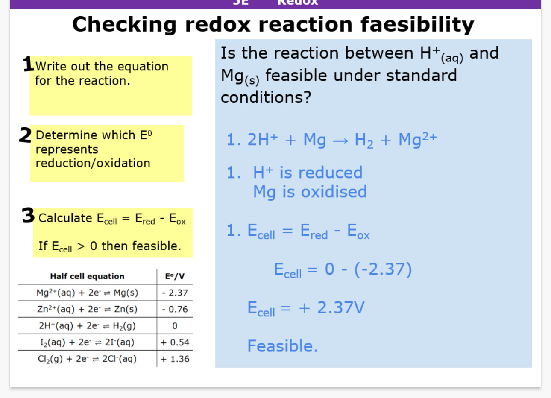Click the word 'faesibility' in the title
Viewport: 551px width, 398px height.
pyautogui.click(x=417, y=24)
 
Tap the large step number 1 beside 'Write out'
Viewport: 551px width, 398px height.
pyautogui.click(x=28, y=64)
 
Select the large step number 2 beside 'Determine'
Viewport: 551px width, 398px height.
pyautogui.click(x=25, y=135)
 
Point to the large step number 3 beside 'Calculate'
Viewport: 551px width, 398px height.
pyautogui.click(x=28, y=216)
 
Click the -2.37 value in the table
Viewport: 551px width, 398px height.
pyautogui.click(x=175, y=293)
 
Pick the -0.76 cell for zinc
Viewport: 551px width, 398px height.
pyautogui.click(x=175, y=309)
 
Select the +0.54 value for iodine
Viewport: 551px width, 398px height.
pyautogui.click(x=175, y=342)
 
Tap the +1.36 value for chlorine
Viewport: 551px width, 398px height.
pyautogui.click(x=175, y=359)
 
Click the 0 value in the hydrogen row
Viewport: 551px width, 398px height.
pyautogui.click(x=175, y=326)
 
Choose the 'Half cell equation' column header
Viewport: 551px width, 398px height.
pyautogui.click(x=87, y=276)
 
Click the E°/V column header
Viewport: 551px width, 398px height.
pyautogui.click(x=175, y=276)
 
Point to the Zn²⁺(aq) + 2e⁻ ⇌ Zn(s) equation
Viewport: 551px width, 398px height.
pyautogui.click(x=87, y=309)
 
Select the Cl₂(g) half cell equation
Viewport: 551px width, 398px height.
pyautogui.click(x=87, y=359)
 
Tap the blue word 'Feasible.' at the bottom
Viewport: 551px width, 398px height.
pyautogui.click(x=283, y=346)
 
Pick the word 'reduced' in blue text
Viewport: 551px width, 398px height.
pyautogui.click(x=330, y=173)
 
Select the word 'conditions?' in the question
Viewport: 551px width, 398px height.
pyautogui.click(x=266, y=97)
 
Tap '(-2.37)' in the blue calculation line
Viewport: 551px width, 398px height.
pyautogui.click(x=383, y=269)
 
